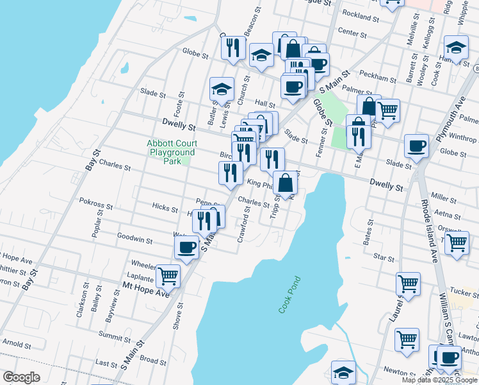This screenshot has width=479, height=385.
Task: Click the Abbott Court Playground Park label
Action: [171, 152]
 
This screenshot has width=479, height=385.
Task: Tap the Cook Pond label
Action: [289, 295]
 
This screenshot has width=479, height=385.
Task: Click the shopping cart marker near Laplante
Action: [167, 276]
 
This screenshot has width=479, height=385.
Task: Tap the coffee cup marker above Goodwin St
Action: [187, 246]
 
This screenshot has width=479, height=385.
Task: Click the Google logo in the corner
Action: [21, 377]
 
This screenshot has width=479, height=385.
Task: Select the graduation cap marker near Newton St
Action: [343, 372]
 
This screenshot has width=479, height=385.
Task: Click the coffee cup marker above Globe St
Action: [416, 145]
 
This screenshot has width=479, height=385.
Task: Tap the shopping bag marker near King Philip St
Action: [285, 183]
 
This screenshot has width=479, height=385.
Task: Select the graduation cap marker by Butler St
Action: [222, 89]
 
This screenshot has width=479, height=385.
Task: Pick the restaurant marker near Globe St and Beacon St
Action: [233, 47]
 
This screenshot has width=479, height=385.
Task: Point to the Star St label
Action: [384, 258]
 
